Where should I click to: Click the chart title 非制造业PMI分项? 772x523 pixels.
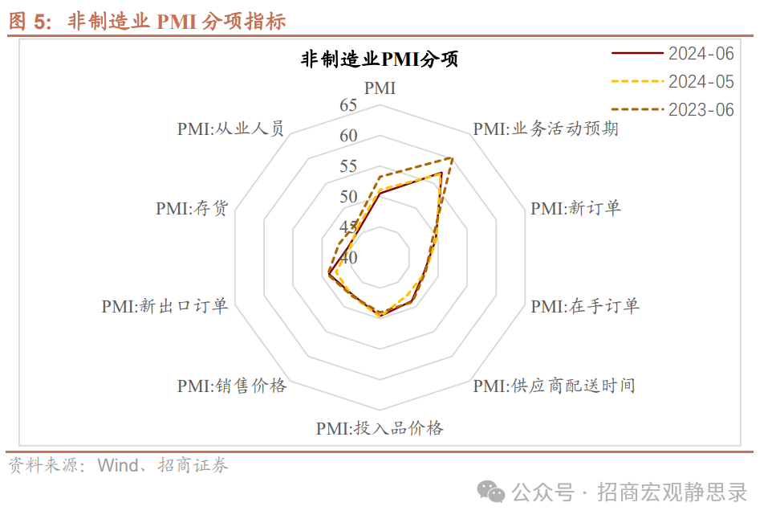coord(380,59)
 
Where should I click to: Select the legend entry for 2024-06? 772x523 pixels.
coord(701,54)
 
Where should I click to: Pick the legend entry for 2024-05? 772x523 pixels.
coord(701,82)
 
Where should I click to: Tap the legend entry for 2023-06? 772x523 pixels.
coord(701,110)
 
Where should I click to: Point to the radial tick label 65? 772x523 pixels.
coord(348,105)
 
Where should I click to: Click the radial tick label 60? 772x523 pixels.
coord(348,136)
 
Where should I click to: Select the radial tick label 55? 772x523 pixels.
coord(348,166)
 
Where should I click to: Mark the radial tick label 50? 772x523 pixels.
coord(348,197)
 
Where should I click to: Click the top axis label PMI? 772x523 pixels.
coord(380,88)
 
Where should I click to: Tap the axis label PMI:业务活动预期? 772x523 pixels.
coord(546,129)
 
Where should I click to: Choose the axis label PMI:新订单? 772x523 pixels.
coord(576,208)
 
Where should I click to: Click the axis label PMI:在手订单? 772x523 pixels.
coord(585,306)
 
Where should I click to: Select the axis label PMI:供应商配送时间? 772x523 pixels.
coord(554,386)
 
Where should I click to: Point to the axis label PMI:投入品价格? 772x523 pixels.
coord(380,427)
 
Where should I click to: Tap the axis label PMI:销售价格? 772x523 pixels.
coord(232,386)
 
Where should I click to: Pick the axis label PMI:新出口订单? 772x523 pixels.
coord(165,306)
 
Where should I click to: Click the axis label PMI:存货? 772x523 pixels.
coord(193,208)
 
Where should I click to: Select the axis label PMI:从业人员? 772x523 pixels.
coord(231,129)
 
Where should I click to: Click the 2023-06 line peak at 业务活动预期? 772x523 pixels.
coord(453,158)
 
